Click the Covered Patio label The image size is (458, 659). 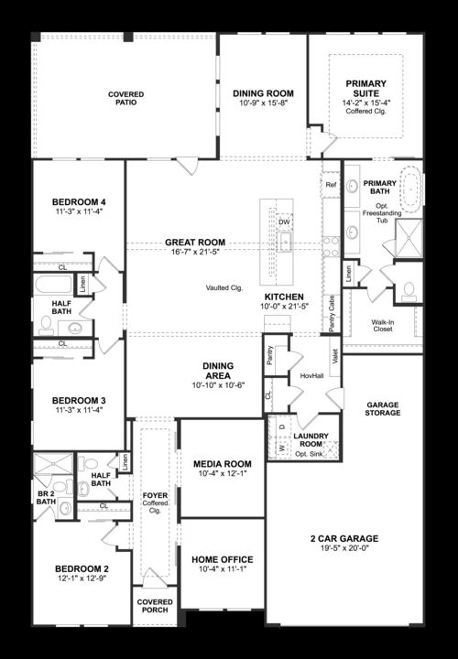pos(125,98)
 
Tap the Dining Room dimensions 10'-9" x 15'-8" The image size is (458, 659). pos(263,103)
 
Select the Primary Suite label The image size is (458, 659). pos(365,88)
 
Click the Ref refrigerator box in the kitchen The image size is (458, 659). pos(331,185)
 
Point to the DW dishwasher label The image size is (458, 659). pos(284,221)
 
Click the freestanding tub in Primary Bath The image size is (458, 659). pos(410,189)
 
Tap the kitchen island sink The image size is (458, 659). pos(286,243)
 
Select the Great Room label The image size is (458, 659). pos(195,242)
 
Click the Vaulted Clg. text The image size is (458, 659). pos(224,288)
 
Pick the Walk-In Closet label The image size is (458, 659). pos(383,326)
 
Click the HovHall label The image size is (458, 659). pos(311,376)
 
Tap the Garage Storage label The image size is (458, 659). pos(383,409)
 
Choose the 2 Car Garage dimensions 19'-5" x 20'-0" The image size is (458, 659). pos(344,548)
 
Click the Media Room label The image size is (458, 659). pos(223,464)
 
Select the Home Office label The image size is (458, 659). pos(223,559)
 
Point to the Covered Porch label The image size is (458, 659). pos(155,606)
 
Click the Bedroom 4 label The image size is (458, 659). pos(79,202)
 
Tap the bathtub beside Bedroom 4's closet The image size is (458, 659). pos(53,284)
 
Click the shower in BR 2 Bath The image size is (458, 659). pos(53,463)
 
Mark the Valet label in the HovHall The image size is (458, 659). pos(335,356)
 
